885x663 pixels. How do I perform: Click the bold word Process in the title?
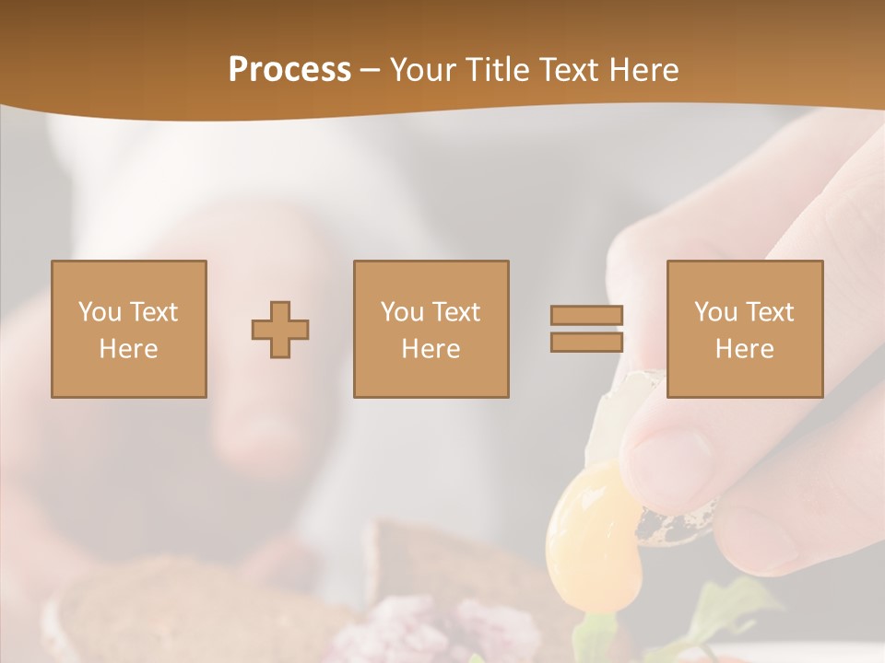[289, 70]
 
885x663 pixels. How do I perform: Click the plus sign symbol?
[280, 330]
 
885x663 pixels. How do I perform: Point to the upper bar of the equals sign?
[586, 315]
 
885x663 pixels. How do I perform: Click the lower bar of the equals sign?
[586, 343]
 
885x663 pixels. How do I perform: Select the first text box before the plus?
[129, 330]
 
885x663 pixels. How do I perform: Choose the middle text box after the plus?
[431, 330]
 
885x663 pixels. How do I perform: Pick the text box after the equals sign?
[744, 330]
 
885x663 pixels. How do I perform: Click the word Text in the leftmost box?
[153, 312]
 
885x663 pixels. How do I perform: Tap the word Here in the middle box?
[431, 349]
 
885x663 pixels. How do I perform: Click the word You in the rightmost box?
[715, 312]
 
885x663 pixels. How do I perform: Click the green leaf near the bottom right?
[728, 608]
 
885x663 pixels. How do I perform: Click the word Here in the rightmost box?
[744, 349]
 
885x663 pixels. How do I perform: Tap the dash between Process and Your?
[371, 70]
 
